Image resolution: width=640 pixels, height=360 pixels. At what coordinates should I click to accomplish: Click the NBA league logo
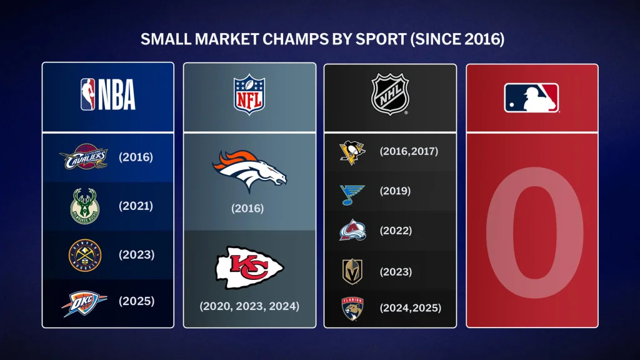pos(107,95)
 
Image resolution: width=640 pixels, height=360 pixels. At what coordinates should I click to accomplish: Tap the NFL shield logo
pos(249,94)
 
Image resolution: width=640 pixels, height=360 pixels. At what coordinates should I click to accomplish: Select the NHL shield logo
pos(390,94)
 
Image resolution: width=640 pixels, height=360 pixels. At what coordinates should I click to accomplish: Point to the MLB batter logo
pos(531,97)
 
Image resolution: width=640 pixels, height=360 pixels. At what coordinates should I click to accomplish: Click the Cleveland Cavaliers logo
pos(84,156)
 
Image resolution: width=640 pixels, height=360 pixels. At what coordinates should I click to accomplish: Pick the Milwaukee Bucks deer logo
pos(85,206)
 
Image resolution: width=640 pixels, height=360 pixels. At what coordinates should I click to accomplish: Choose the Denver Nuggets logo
pos(85,255)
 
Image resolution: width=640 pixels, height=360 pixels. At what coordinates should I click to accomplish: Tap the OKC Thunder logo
pos(84,303)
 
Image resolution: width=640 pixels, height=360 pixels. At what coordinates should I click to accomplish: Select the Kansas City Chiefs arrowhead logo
pos(249,267)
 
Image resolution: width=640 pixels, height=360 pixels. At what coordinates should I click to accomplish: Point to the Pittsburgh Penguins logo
pos(352,152)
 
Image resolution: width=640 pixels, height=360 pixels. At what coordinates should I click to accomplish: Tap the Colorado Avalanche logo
pos(352,230)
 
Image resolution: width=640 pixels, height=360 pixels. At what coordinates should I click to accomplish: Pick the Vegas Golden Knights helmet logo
pos(352,271)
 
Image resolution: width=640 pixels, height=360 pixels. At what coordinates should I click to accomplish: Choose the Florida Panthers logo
pos(352,309)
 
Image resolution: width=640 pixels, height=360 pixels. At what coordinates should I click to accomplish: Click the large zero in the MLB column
pos(535,232)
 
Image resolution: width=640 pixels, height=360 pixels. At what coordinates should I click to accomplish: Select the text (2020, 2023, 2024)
pos(249,306)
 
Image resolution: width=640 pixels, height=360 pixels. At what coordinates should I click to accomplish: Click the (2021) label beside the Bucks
pos(136,206)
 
